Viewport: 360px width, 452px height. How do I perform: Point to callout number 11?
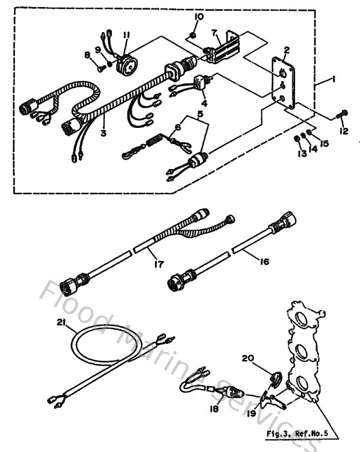(x=127, y=35)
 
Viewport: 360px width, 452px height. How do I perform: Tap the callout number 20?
(x=249, y=358)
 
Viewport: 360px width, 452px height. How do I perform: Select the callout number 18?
(x=214, y=408)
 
